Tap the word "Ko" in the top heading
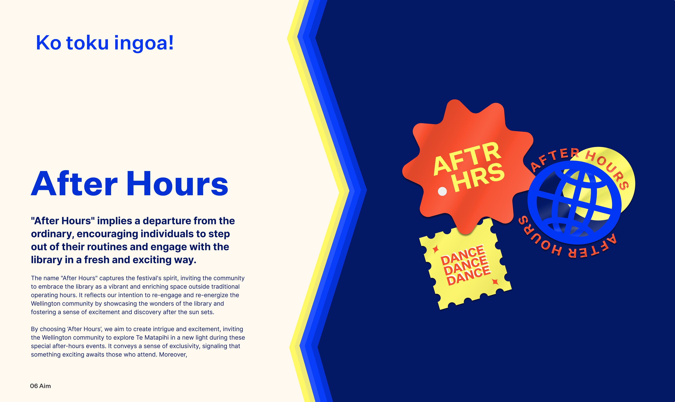click(x=49, y=43)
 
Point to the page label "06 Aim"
click(x=40, y=386)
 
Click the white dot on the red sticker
click(x=442, y=191)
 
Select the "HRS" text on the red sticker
click(x=479, y=178)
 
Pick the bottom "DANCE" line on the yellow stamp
click(x=468, y=276)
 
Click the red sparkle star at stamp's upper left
click(x=435, y=249)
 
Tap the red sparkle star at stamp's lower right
click(x=495, y=282)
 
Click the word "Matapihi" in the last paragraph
click(x=156, y=338)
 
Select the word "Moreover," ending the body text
click(x=173, y=355)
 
